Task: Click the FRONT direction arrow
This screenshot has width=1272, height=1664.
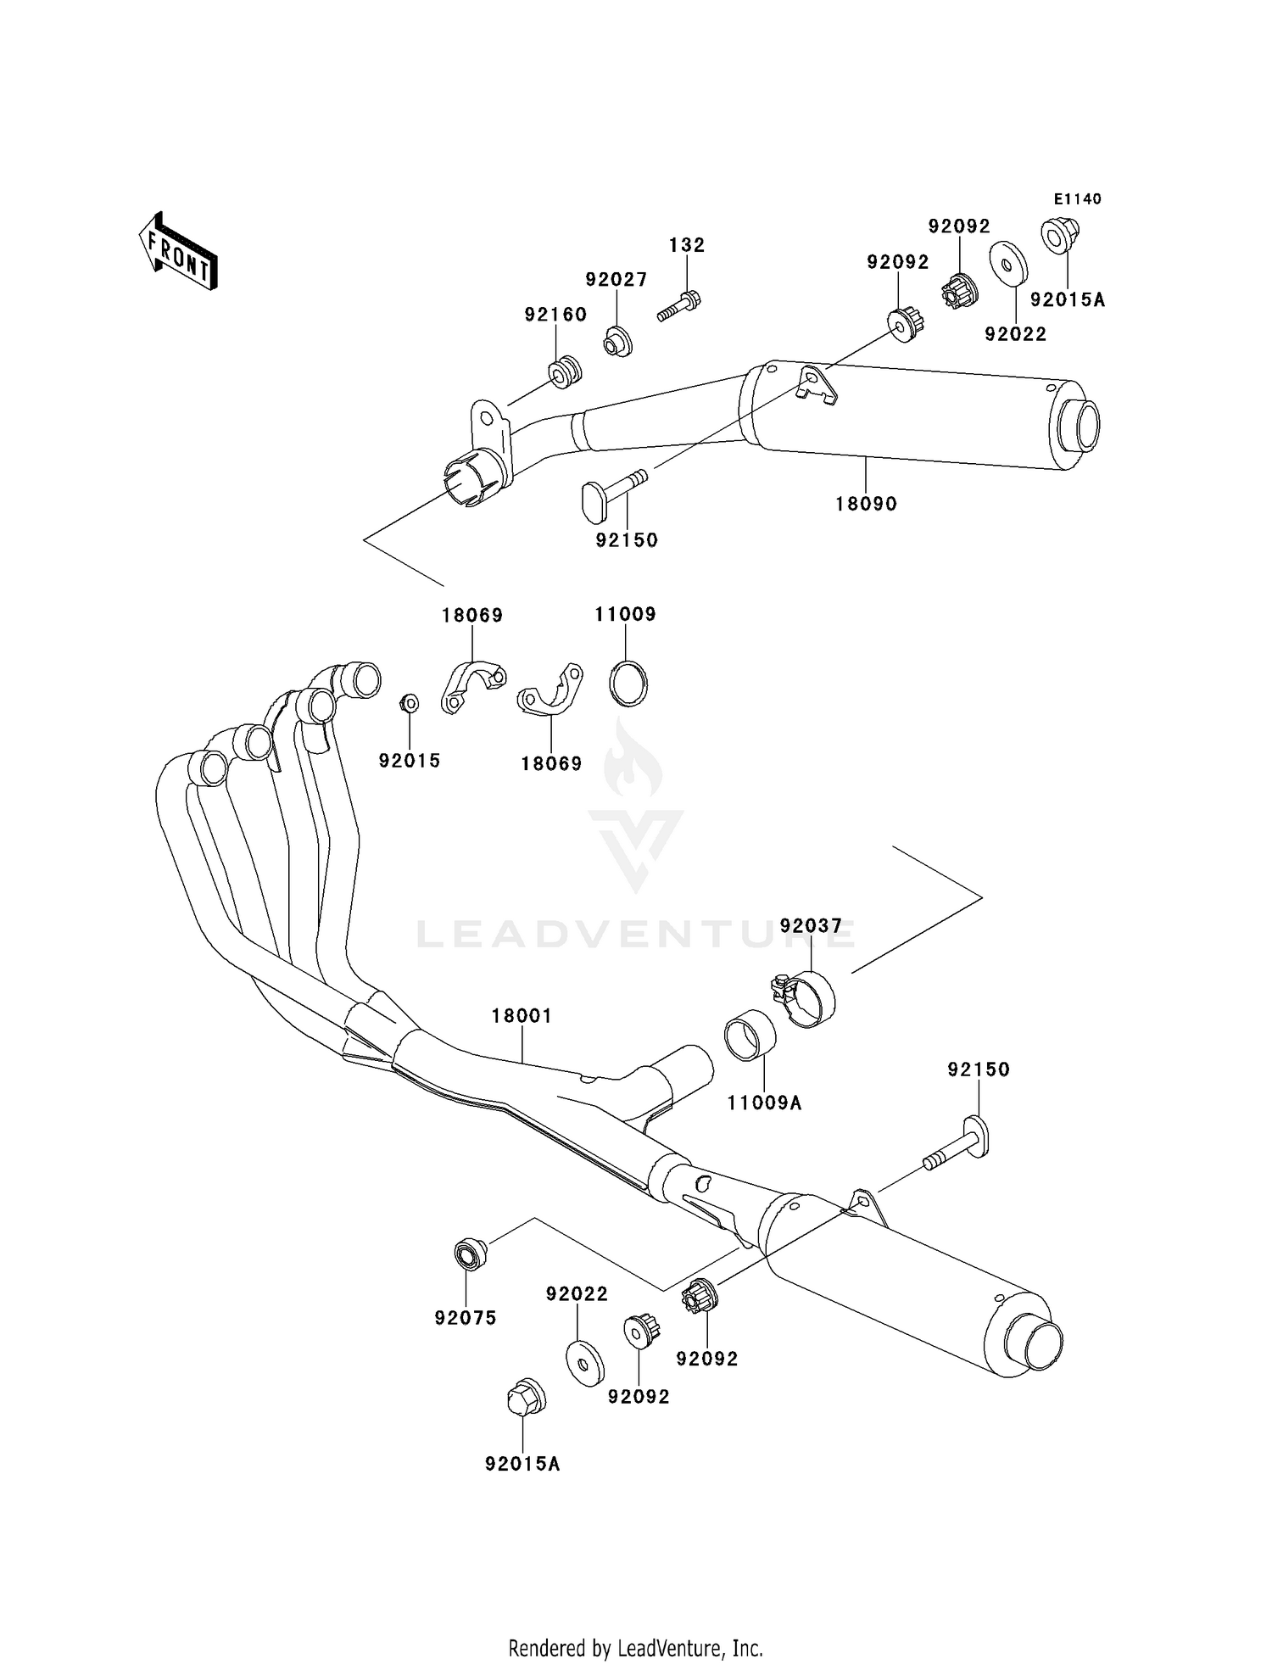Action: point(178,253)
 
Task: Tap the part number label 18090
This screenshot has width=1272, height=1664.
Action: point(866,504)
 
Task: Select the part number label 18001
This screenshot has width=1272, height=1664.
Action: point(522,1015)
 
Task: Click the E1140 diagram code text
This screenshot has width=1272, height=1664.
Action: point(1077,199)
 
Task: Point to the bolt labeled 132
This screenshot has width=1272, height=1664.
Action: point(678,306)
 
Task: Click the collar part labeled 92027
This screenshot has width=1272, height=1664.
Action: point(618,341)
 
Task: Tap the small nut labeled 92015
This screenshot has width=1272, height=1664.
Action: point(409,703)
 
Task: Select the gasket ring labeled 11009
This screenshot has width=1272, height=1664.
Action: point(628,682)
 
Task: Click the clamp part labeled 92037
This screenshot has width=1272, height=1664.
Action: point(806,998)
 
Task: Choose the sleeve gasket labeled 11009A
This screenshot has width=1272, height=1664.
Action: point(750,1035)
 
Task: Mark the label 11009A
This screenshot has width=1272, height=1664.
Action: point(764,1103)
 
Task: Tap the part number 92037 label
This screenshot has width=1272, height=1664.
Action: point(811,926)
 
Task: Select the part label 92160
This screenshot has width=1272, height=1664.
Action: point(555,315)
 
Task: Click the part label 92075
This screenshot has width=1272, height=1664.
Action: point(466,1318)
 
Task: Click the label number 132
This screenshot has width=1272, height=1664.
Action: point(687,245)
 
